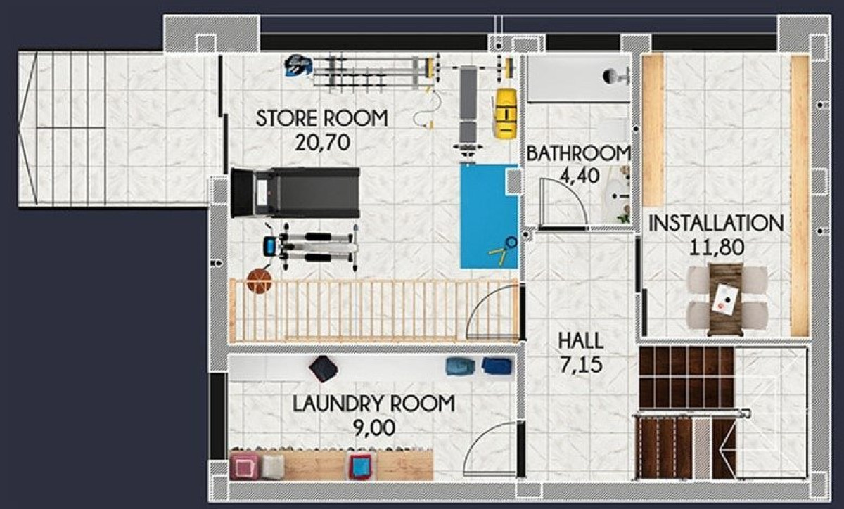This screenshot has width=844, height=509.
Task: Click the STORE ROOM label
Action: [321, 117]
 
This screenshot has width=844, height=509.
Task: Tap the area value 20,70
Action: [322, 143]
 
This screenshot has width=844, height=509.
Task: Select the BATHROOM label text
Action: [577, 153]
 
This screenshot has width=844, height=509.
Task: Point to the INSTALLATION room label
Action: [715, 224]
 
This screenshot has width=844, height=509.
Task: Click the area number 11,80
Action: [716, 247]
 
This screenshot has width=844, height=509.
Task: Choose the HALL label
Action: [580, 341]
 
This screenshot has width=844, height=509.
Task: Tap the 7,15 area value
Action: [580, 366]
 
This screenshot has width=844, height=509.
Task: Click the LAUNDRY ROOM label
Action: [373, 404]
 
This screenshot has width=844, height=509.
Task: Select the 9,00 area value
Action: [373, 427]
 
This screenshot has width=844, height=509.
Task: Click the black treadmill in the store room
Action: [295, 192]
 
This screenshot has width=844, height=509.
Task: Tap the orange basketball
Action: [259, 281]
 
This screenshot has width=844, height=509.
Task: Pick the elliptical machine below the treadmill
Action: [309, 246]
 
